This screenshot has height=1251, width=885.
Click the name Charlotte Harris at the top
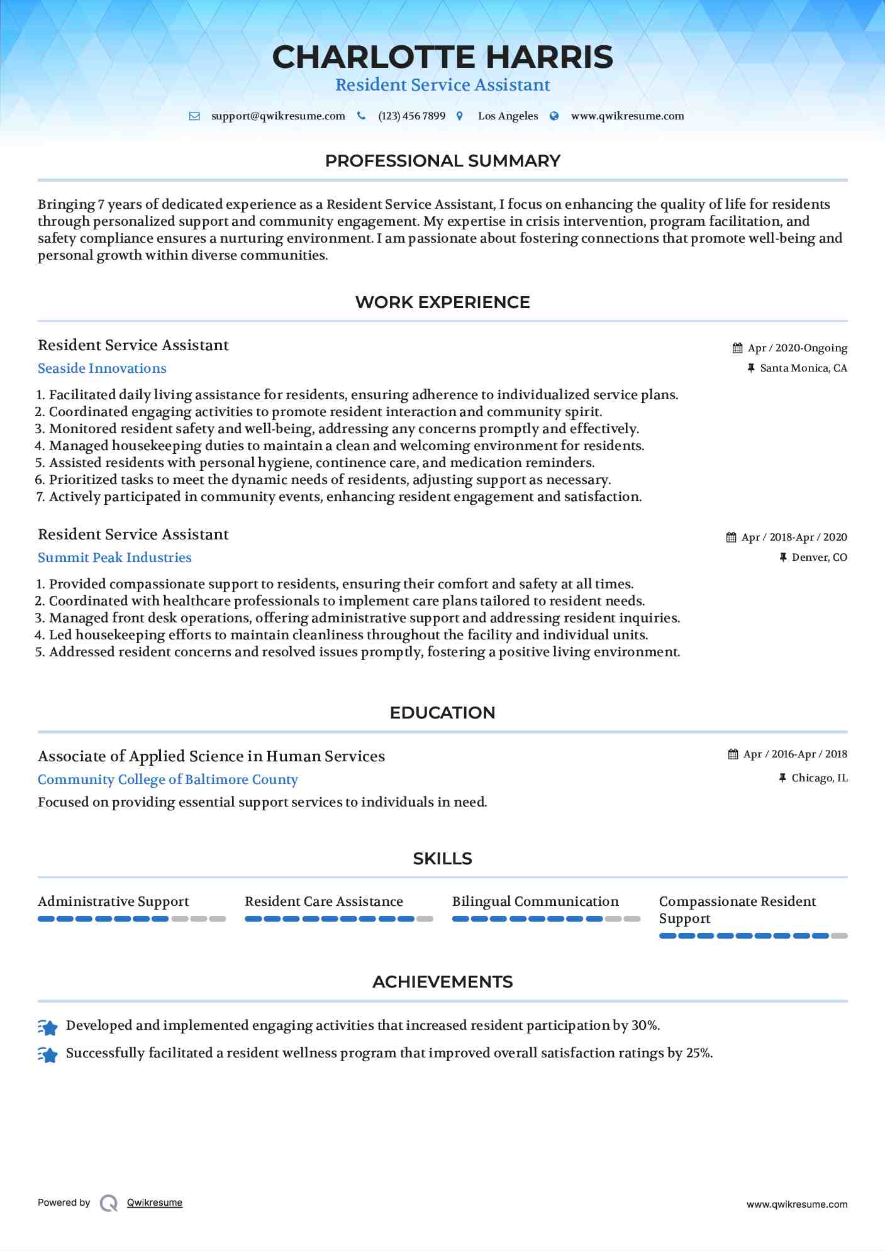click(442, 57)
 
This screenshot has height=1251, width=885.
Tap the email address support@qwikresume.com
click(278, 116)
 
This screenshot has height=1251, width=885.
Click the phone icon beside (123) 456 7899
click(361, 116)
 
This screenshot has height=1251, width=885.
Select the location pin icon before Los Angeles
click(460, 116)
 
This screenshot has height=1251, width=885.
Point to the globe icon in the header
click(554, 116)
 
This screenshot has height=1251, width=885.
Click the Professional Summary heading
click(442, 161)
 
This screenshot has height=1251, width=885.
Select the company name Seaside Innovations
click(102, 368)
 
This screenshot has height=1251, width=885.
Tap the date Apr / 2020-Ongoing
click(797, 348)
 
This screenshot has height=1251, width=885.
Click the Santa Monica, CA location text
click(803, 368)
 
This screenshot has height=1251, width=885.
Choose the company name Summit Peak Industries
click(114, 558)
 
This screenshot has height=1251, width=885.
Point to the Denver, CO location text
click(819, 558)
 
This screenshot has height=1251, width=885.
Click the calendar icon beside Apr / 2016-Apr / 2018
click(733, 754)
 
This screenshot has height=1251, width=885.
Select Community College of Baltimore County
click(167, 780)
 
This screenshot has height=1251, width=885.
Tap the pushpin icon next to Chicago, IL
click(782, 778)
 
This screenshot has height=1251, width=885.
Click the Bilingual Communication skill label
click(535, 901)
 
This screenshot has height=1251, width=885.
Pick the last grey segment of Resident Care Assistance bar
click(425, 919)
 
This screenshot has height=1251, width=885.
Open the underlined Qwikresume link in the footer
click(155, 1203)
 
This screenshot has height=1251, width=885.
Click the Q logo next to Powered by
click(109, 1203)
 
